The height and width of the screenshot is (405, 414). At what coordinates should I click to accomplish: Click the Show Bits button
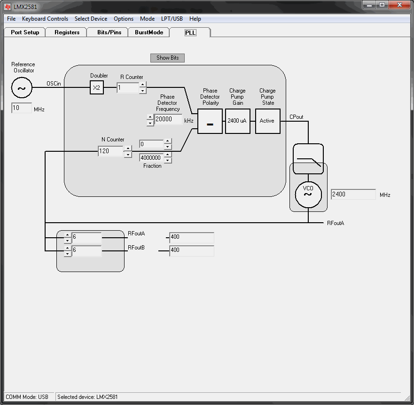167,58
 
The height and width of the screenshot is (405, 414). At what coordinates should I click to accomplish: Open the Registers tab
67,32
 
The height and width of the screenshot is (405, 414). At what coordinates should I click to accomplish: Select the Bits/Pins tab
109,32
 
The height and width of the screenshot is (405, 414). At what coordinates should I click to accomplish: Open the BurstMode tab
149,32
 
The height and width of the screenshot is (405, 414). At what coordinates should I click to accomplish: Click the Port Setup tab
25,32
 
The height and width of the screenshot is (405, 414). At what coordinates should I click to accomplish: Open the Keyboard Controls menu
45,19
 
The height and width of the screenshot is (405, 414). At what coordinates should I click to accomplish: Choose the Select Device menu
91,19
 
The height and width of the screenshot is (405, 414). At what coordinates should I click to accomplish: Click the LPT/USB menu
172,19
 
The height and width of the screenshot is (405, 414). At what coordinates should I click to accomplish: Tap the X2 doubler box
97,87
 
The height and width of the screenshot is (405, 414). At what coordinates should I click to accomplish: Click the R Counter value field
128,88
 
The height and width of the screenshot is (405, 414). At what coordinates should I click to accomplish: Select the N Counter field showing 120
110,151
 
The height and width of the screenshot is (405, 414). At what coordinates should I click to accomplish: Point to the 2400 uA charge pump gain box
238,121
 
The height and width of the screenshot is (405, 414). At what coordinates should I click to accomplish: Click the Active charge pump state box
268,121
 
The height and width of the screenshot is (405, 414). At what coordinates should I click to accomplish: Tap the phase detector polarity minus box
210,121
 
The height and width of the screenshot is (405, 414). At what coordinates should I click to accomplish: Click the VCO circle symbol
308,195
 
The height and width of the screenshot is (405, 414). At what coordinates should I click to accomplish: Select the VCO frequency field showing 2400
353,195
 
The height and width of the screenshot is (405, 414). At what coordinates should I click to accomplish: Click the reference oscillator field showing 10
22,108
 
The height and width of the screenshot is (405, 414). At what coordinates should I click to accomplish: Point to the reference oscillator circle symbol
22,88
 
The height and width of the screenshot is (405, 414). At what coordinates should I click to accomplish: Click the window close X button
399,5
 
